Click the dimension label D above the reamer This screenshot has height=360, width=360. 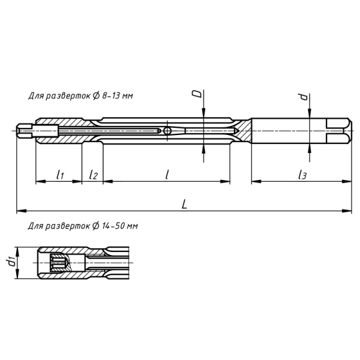pyautogui.click(x=195, y=94)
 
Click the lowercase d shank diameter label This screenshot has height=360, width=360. pyautogui.click(x=304, y=97)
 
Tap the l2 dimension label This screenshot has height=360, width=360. pyautogui.click(x=93, y=175)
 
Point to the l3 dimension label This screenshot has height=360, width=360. pyautogui.click(x=302, y=175)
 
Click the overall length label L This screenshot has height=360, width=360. pyautogui.click(x=185, y=203)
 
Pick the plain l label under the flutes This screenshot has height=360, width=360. pyautogui.click(x=167, y=174)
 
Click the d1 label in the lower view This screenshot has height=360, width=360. pyautogui.click(x=10, y=263)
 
